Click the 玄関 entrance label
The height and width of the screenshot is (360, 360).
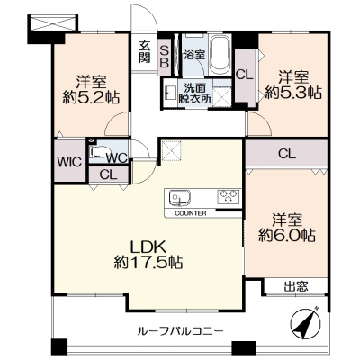pos(145,51)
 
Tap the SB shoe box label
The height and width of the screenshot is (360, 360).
pos(165,56)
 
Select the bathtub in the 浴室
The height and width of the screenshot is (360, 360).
pos(220,55)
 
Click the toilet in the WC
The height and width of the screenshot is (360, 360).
pos(98,151)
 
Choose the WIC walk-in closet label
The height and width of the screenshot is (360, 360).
pos(69,162)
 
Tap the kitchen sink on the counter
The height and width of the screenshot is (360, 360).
pos(180,198)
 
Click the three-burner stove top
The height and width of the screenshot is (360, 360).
pos(229,197)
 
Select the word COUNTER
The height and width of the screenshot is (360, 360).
pos(191,214)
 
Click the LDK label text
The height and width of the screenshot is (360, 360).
pos(148,247)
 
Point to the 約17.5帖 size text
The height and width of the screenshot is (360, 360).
pos(148,263)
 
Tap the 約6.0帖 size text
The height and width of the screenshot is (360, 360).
pos(287,236)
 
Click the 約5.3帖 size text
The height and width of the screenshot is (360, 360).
pos(293,93)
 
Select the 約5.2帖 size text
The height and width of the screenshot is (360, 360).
pos(91,97)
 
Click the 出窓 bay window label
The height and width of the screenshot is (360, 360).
pos(296,286)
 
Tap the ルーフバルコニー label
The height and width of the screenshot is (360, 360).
pos(180,331)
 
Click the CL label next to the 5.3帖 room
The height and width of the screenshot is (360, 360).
pos(244,75)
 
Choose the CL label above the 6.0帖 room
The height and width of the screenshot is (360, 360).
pos(287,154)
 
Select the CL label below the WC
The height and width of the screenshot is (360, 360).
pos(108,175)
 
